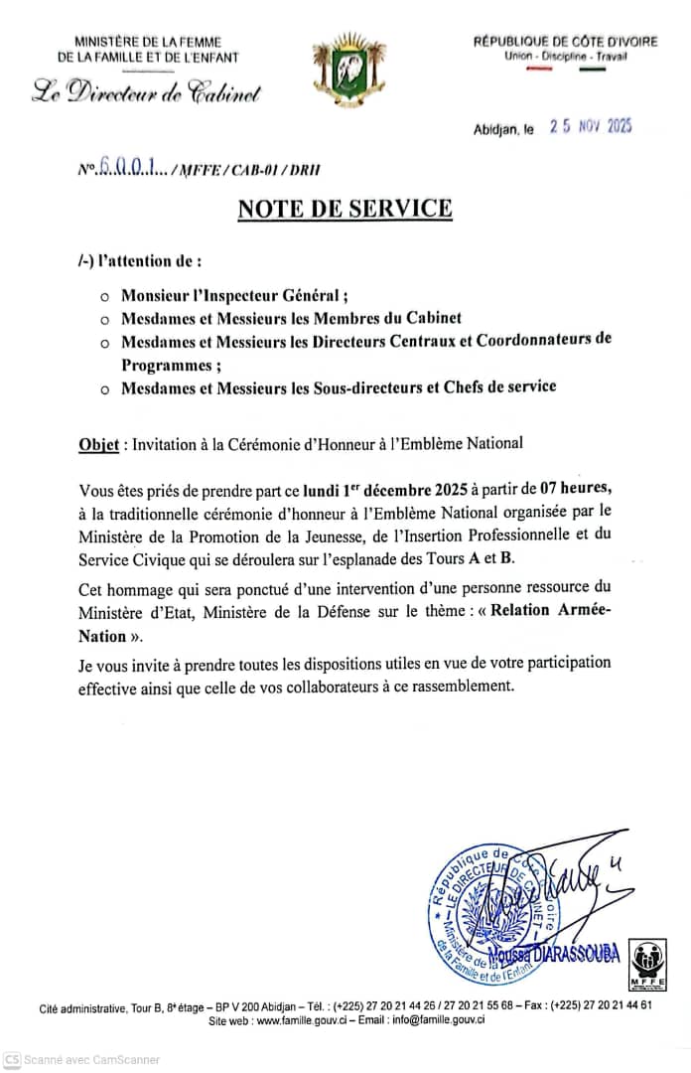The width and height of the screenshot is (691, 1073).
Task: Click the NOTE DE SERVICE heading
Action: [345, 209]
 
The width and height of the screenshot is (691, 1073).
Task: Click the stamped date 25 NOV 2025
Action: [592, 127]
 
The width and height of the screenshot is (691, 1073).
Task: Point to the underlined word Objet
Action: [100, 444]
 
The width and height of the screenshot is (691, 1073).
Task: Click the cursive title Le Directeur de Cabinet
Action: [147, 94]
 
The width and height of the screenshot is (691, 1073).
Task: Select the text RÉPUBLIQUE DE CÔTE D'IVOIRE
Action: [565, 42]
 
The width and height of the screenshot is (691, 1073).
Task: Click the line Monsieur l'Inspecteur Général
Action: [234, 295]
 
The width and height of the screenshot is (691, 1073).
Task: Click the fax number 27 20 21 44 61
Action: [615, 1005]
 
